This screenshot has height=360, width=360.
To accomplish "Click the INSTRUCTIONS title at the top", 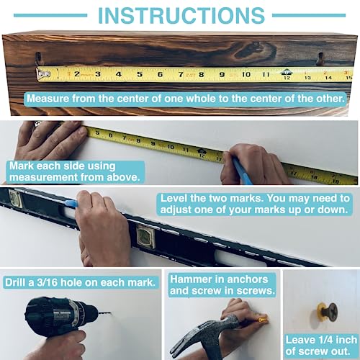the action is (x=181, y=15).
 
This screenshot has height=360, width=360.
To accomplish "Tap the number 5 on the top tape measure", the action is (x=140, y=74).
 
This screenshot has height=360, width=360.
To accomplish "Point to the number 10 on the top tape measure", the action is (x=246, y=74).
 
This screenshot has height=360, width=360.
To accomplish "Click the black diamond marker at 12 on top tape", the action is (x=287, y=72).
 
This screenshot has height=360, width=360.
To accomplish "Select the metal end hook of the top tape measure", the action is (x=43, y=74).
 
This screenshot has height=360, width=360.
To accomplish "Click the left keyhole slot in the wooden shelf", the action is (x=38, y=58).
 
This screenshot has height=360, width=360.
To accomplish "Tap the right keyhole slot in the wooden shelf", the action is (x=320, y=58).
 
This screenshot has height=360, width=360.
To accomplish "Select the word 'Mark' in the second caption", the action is (x=22, y=166).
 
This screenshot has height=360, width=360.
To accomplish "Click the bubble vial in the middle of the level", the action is (x=146, y=238).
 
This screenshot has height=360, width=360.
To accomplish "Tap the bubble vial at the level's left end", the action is (x=15, y=199).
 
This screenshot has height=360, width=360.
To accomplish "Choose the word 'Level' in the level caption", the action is (x=174, y=198).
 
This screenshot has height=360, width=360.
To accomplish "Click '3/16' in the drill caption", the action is (x=47, y=282).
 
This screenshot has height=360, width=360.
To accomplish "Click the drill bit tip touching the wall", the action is (x=111, y=313).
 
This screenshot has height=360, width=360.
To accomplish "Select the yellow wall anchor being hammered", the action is (x=261, y=320).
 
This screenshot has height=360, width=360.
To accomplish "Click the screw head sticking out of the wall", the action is (x=331, y=311).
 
